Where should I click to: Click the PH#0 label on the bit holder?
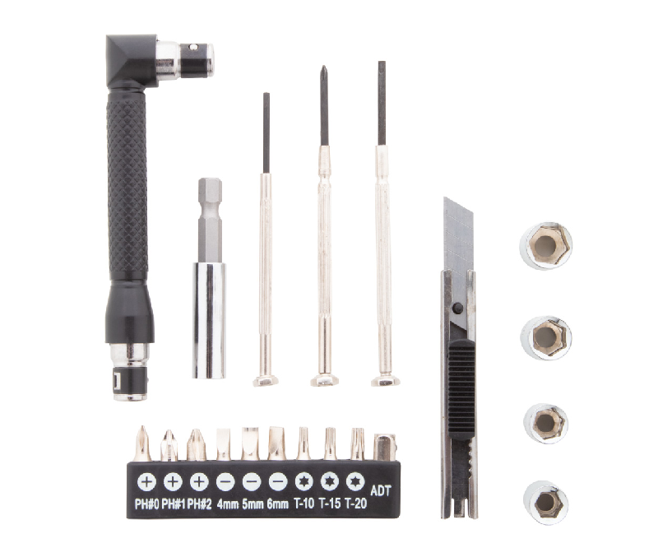(x=146, y=504)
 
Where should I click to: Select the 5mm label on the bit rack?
(x=252, y=504)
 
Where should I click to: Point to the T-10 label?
(x=303, y=504)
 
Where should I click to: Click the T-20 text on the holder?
(x=355, y=504)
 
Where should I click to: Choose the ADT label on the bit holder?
(x=382, y=490)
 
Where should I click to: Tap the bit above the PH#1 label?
(x=169, y=445)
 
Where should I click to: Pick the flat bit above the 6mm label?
(x=276, y=443)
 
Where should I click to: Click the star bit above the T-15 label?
(x=330, y=443)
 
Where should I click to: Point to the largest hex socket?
(x=546, y=245)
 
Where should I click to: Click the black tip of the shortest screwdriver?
(x=266, y=132)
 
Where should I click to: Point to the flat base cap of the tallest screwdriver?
(x=385, y=379)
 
